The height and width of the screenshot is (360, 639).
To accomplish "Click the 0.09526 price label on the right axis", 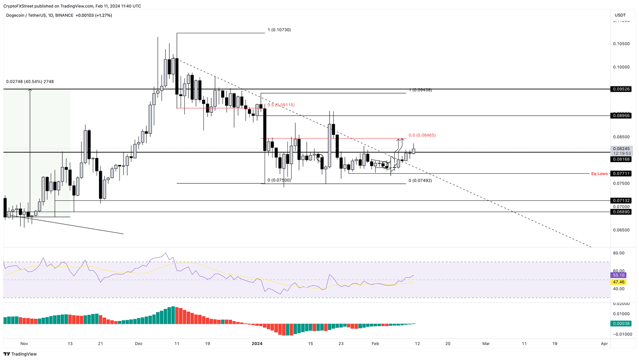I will [x=621, y=89].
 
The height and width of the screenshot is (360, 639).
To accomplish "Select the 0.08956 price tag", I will [x=621, y=116].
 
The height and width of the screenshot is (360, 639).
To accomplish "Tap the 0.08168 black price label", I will [x=621, y=159].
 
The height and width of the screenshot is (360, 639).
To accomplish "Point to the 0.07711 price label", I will [x=621, y=173].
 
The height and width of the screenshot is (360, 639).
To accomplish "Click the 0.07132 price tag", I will [x=621, y=200].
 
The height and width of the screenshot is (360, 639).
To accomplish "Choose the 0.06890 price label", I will [x=621, y=212].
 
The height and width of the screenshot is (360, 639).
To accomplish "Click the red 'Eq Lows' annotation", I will [x=599, y=174].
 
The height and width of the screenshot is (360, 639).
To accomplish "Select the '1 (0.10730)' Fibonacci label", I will [x=279, y=30].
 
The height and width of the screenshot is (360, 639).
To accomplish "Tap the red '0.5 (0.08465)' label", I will [x=422, y=135].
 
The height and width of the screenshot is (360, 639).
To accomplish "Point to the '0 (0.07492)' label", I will [x=420, y=180].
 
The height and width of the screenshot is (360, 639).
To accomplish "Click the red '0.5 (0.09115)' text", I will [x=281, y=105].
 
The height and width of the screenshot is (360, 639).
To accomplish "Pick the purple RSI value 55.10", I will [x=619, y=275].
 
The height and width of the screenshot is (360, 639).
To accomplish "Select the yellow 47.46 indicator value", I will [x=619, y=282].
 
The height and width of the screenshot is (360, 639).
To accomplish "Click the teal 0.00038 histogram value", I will [x=621, y=323].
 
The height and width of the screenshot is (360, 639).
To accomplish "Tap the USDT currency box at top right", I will [x=620, y=15].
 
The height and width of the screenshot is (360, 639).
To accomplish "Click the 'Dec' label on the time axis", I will [x=139, y=344].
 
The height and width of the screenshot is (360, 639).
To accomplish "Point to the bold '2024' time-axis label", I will [x=257, y=344].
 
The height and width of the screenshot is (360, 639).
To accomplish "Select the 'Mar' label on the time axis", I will [x=485, y=344].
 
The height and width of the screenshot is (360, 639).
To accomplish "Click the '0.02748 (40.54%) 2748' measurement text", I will [x=30, y=81].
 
